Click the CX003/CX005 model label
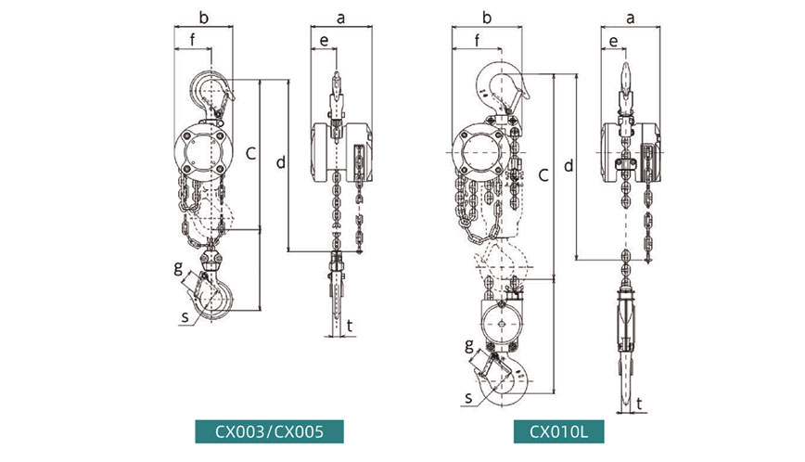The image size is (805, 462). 269,431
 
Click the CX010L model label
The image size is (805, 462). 558,431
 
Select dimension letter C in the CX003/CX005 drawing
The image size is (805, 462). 250,153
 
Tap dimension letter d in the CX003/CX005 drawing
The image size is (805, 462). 281,162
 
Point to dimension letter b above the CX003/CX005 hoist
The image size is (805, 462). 204,18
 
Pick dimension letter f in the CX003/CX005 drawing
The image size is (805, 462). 193,39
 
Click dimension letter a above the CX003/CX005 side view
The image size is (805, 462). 341,19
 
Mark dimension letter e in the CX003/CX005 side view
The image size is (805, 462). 324,41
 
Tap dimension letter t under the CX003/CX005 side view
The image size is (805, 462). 350,326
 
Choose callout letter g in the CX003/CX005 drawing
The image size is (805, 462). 178,267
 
